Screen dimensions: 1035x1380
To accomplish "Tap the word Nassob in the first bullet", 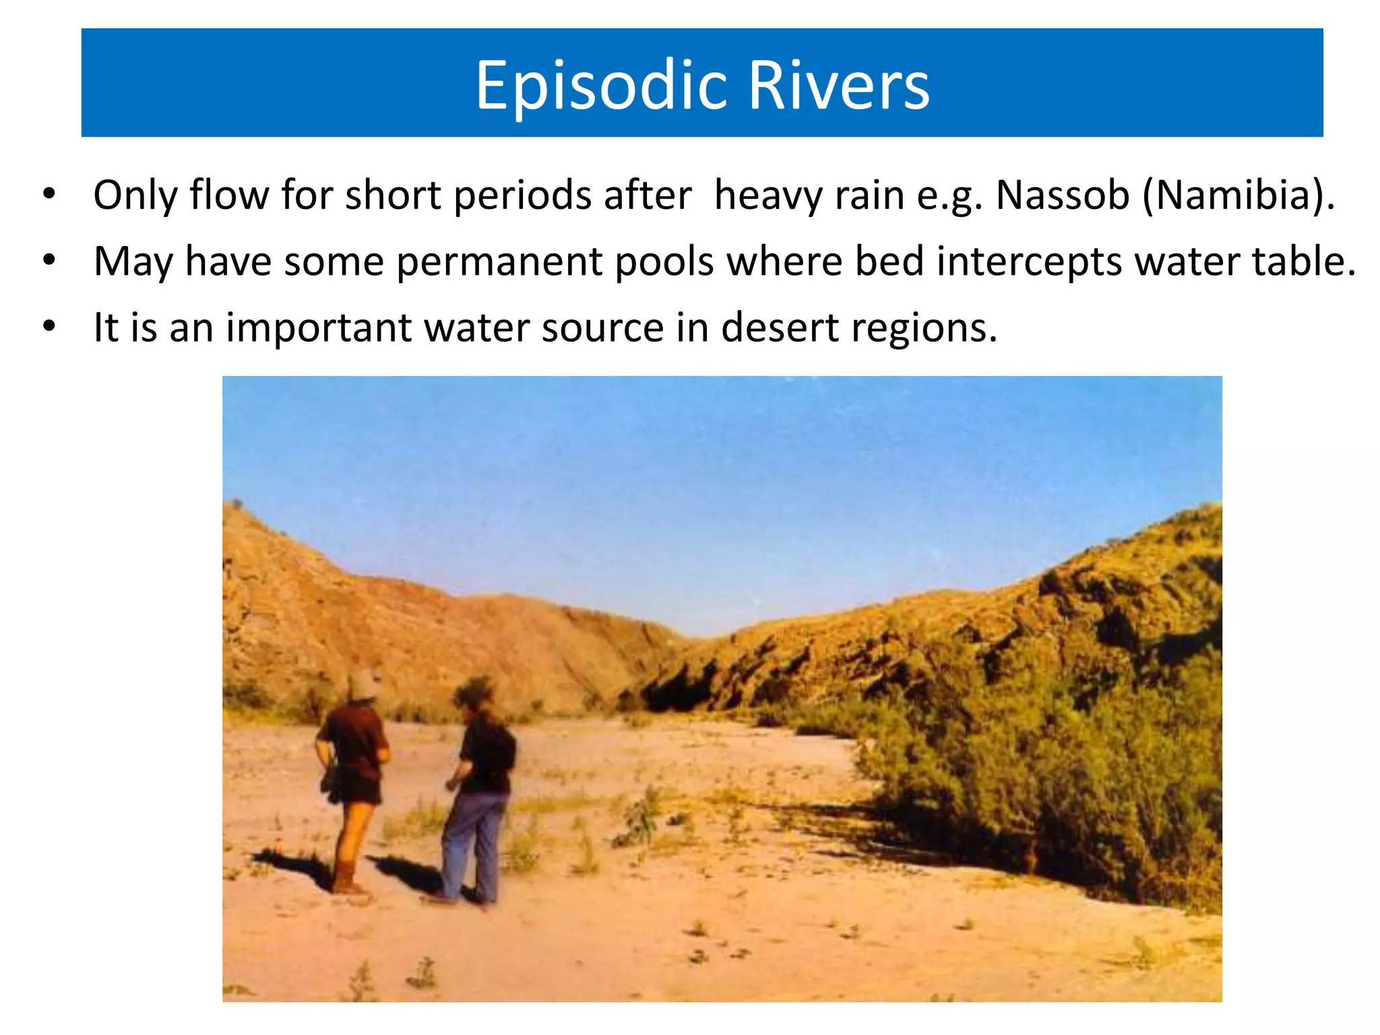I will (x=1062, y=195).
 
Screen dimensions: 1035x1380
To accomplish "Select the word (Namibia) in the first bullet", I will (x=1238, y=195).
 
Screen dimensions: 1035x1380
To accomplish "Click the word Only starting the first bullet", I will (x=135, y=195).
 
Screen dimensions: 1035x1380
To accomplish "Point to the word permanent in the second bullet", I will (x=499, y=261).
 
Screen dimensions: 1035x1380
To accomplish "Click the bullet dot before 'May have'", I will (x=49, y=260).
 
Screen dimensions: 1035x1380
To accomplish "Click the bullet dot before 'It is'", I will (x=49, y=326).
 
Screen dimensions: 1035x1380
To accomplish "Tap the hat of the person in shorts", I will (x=362, y=686).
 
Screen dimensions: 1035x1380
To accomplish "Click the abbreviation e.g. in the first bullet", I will (x=949, y=195).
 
